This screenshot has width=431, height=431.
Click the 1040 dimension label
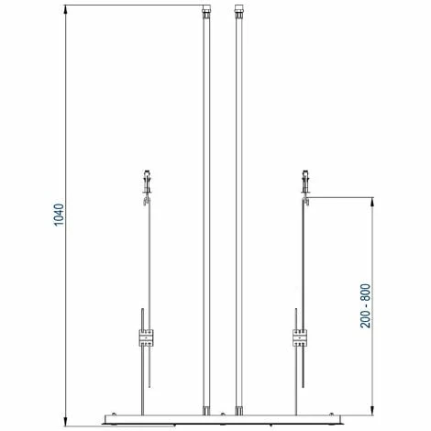(59, 215)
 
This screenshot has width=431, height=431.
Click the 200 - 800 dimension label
(365, 305)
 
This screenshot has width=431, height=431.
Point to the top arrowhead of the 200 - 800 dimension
(372, 203)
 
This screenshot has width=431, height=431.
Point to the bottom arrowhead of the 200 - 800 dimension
(372, 410)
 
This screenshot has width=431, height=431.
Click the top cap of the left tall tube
(206, 11)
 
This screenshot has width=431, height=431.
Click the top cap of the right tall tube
(238, 11)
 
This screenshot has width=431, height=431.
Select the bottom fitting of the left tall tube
(206, 411)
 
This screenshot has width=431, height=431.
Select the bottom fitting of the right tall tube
(238, 411)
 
